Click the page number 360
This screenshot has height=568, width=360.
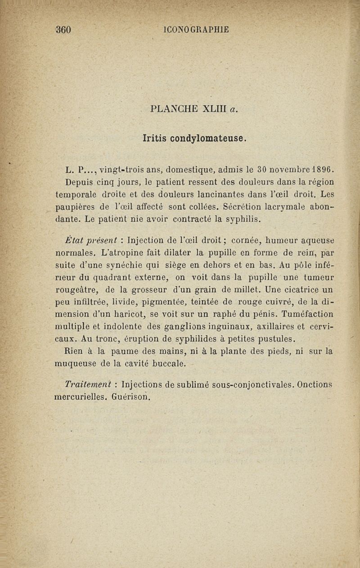[63, 30]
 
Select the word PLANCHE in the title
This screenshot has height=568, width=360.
[173, 109]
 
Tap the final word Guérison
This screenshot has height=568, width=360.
[130, 397]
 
